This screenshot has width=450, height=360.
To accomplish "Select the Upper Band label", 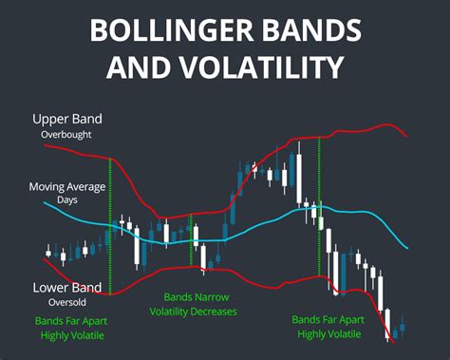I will coord(66,120).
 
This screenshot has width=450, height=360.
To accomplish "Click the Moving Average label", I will coord(67,186).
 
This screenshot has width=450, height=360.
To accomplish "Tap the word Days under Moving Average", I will coord(67,200).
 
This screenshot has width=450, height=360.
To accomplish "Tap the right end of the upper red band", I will coord(408,137).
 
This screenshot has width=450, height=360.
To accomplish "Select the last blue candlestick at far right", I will coord(403,327).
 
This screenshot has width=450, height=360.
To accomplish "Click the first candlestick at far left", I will coord(48,252).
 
